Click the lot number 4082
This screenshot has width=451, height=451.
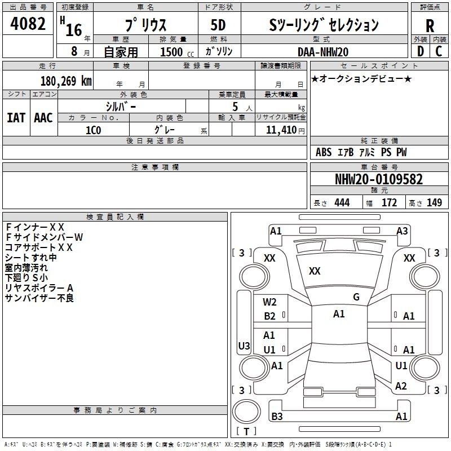[28, 24]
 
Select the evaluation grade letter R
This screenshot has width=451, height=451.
[430, 26]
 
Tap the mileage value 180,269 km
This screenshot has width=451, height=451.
[66, 81]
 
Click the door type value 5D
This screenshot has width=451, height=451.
[218, 25]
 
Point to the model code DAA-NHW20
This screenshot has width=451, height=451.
[322, 52]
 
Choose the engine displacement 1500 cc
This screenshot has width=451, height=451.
[177, 52]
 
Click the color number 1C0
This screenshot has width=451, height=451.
[94, 130]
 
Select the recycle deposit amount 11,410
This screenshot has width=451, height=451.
[281, 130]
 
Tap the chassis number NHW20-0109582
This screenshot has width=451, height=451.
[379, 179]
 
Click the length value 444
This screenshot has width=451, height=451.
[342, 202]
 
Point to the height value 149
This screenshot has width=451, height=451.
[434, 202]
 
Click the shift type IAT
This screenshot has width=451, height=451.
[16, 118]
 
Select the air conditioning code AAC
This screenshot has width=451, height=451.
[43, 118]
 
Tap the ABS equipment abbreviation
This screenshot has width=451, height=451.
[324, 152]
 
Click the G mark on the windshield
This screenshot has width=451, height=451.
[356, 297]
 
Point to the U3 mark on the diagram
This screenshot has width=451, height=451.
[244, 346]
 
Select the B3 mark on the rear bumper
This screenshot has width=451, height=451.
[277, 416]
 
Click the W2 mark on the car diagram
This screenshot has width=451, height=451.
[269, 302]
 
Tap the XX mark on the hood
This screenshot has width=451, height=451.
[315, 271]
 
